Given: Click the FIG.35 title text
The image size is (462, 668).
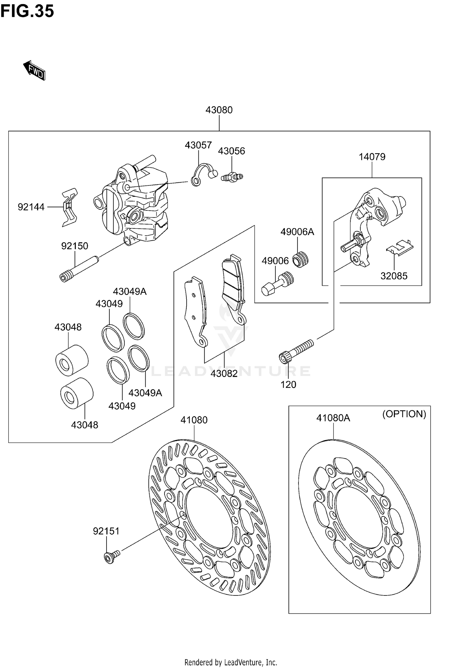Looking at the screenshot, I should (27, 11).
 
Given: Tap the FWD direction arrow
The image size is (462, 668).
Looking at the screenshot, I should (34, 70).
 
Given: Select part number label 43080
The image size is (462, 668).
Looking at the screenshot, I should (219, 110).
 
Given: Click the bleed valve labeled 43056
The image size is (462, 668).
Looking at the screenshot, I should (232, 177).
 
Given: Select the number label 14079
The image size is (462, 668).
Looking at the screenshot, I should (372, 157).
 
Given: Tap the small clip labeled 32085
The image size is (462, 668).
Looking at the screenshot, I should (400, 247).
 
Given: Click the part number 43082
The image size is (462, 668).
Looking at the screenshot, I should (224, 373).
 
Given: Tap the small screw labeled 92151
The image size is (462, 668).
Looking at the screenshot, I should (111, 557).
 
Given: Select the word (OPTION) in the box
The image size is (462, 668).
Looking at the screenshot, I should (404, 414).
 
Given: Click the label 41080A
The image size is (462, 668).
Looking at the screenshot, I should (333, 418).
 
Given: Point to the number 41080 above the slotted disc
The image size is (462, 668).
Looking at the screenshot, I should (194, 419).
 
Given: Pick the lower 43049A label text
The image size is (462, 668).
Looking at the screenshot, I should (145, 393).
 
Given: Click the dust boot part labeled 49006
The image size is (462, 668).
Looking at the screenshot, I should (277, 283).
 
